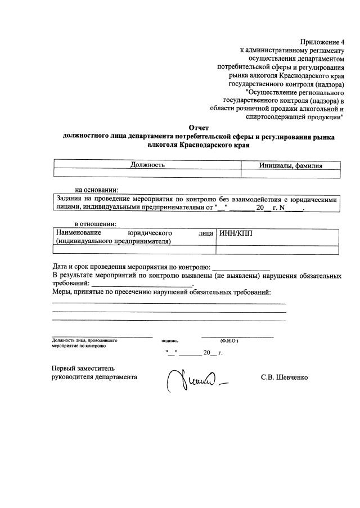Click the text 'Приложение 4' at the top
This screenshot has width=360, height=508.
click(x=322, y=42)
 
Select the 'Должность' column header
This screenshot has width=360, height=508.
click(x=147, y=165)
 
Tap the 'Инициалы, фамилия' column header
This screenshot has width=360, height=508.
click(x=290, y=165)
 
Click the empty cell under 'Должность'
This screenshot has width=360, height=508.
click(x=147, y=173)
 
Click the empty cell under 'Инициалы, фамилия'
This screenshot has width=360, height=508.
click(x=290, y=173)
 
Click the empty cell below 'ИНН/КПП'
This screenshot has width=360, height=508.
click(x=278, y=250)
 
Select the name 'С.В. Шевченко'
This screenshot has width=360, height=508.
click(x=284, y=377)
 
